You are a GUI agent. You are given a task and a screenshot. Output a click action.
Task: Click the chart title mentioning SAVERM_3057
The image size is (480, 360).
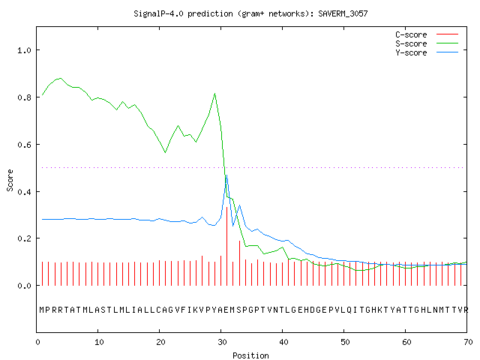(250, 13)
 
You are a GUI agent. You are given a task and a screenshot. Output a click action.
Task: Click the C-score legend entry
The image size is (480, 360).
(427, 34)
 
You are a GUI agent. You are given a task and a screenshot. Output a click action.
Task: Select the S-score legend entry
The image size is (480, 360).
(427, 43)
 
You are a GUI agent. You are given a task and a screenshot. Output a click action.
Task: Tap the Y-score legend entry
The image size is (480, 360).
(427, 52)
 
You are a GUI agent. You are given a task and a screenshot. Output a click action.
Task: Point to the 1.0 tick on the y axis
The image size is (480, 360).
(24, 50)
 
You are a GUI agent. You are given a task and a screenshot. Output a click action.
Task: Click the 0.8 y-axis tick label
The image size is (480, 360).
(24, 97)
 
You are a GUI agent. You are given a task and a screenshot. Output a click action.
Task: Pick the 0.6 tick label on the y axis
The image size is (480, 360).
(24, 145)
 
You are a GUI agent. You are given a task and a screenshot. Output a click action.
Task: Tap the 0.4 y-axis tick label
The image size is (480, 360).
(24, 192)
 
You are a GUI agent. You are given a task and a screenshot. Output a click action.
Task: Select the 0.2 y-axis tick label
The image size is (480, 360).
(24, 238)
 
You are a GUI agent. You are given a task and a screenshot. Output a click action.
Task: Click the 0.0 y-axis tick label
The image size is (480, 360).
(24, 286)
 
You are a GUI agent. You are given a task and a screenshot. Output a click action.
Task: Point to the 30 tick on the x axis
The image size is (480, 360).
(222, 342)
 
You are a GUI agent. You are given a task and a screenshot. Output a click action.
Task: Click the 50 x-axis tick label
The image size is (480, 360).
(345, 342)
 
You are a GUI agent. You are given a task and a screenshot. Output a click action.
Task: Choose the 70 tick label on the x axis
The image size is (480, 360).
(468, 342)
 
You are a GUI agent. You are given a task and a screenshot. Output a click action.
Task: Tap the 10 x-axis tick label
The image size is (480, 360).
(99, 342)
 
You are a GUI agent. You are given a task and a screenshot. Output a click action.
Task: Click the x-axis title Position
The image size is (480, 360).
(250, 355)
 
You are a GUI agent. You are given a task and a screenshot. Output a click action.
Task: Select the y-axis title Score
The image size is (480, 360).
(10, 180)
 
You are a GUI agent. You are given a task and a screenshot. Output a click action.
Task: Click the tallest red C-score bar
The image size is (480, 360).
(226, 246)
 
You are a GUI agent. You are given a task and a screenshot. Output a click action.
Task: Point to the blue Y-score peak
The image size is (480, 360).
(226, 175)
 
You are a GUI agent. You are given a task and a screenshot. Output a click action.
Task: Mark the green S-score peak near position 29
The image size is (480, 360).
(215, 93)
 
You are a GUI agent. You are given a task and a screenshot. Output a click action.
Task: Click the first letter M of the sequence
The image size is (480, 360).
(42, 310)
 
